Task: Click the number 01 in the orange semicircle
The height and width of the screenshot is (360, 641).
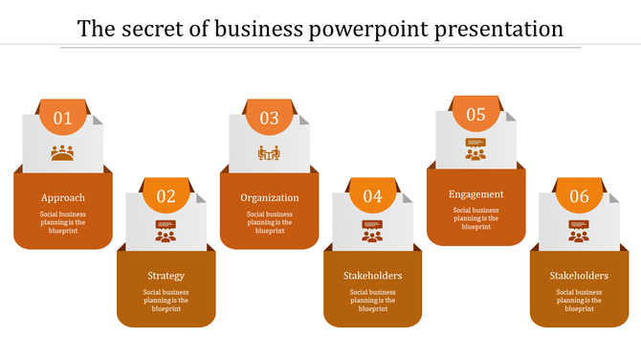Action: (x=63, y=118)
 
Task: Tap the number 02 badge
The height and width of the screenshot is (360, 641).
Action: (x=166, y=196)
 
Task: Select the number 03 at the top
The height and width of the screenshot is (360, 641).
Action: (x=270, y=118)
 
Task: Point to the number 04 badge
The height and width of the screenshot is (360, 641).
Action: (x=373, y=196)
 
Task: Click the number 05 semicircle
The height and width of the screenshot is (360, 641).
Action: (x=476, y=114)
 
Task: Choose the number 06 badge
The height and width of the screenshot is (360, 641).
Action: (x=580, y=196)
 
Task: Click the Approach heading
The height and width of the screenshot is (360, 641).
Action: (x=63, y=197)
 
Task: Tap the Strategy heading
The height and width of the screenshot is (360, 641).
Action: (x=166, y=276)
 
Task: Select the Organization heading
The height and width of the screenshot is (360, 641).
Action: (x=270, y=197)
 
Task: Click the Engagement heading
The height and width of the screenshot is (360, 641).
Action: (x=476, y=193)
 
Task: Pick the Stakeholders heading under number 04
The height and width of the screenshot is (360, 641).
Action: (x=373, y=276)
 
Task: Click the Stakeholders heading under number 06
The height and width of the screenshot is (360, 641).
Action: (x=580, y=276)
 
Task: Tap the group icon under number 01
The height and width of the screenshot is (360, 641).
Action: (x=63, y=152)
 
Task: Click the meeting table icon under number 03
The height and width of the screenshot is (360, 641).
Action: (x=270, y=152)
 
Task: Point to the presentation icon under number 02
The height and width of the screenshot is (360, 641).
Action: (x=166, y=231)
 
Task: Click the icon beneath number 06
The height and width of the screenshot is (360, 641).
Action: (x=580, y=231)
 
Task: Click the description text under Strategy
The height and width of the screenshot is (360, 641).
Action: (x=166, y=301)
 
